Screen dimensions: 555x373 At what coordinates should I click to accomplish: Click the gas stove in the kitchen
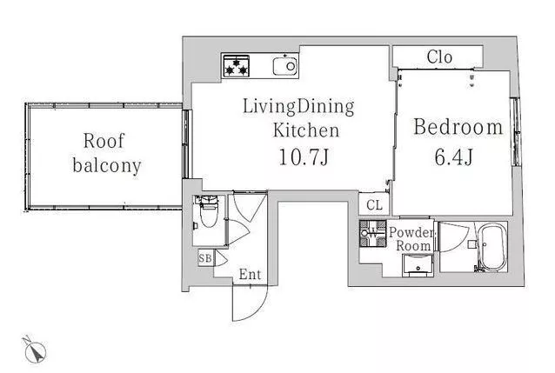click(x=236, y=66)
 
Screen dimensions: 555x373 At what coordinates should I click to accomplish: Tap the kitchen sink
click(x=285, y=66)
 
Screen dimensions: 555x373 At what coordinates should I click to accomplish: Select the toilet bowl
click(x=209, y=213)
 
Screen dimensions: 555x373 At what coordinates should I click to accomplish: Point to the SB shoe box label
click(x=205, y=258)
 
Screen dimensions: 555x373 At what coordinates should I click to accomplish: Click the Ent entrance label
click(x=250, y=274)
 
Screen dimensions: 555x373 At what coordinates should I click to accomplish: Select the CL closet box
click(x=374, y=204)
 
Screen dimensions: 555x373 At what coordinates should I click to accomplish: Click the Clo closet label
click(x=439, y=57)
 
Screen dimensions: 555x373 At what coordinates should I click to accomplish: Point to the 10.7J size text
click(x=304, y=157)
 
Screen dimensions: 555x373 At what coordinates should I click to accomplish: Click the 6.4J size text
click(x=454, y=157)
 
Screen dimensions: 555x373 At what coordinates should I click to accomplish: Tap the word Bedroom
click(x=458, y=127)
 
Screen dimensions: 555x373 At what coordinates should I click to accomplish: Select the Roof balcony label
click(x=106, y=154)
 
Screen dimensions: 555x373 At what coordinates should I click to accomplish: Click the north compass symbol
click(x=36, y=350)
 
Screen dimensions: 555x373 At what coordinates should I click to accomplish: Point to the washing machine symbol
click(x=372, y=233)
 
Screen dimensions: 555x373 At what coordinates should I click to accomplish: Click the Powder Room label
click(x=412, y=239)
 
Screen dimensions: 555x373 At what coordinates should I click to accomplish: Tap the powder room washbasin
click(x=418, y=265)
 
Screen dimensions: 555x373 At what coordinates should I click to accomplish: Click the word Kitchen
click(x=306, y=130)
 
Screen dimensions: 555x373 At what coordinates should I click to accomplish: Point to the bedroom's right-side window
click(x=517, y=132)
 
